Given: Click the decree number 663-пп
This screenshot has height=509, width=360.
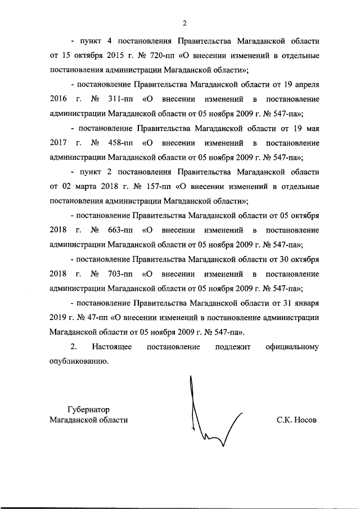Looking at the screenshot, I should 119,230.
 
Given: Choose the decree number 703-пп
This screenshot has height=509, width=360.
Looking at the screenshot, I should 119,274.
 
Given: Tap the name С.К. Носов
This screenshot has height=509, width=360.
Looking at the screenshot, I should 297,420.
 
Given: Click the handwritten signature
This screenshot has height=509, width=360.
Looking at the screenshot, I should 211,416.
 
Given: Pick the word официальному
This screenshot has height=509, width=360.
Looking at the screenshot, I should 292,347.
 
